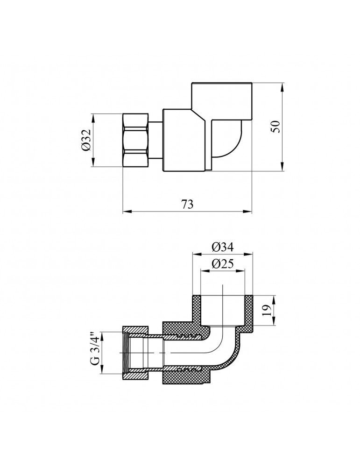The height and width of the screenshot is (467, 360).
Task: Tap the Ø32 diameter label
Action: point(85,140)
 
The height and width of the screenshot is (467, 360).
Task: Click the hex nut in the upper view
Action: point(135,140)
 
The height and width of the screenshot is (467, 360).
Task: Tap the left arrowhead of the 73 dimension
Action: point(126,212)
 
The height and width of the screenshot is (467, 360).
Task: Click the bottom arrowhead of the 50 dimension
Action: point(282,169)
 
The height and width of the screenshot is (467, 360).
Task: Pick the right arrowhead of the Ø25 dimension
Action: point(243,271)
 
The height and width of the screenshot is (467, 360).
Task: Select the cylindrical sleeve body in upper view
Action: point(184,140)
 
